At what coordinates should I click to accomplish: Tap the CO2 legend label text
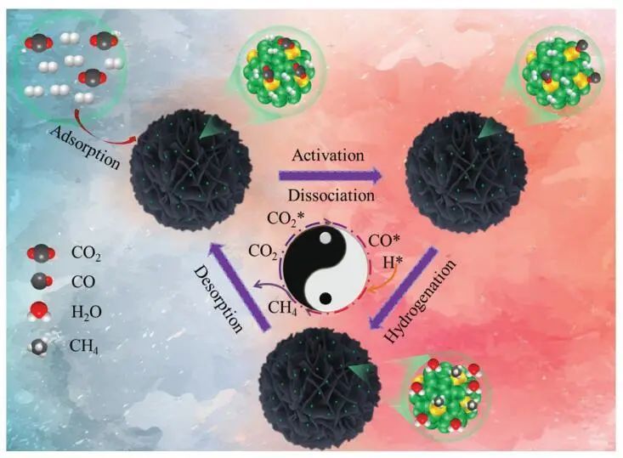(91, 252)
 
